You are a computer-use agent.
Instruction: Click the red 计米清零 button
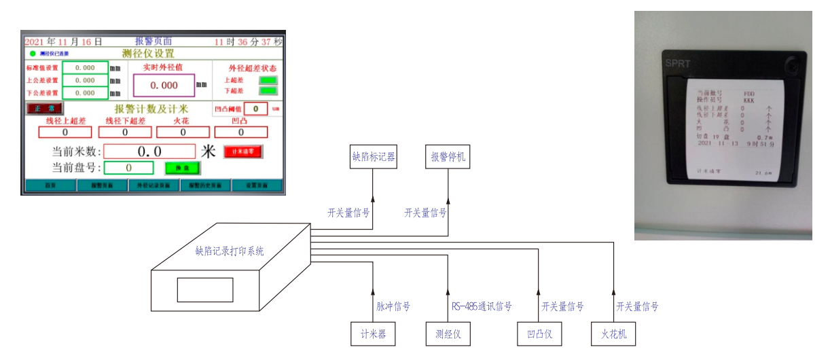click(x=243, y=151)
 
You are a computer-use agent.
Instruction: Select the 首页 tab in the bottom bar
click(x=50, y=185)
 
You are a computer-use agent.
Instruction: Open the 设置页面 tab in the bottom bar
click(x=256, y=185)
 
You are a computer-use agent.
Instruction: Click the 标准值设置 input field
click(x=85, y=68)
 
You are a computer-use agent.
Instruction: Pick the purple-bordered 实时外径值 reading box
click(x=164, y=86)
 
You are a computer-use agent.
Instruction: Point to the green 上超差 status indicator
click(x=268, y=80)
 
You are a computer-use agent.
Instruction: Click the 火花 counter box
click(x=181, y=132)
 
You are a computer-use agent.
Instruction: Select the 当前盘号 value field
click(x=129, y=168)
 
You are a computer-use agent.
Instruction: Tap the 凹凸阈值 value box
click(x=255, y=108)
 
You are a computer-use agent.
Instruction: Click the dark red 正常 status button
click(x=44, y=108)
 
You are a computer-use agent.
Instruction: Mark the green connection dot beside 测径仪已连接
click(x=32, y=53)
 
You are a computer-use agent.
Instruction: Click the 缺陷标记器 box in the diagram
click(x=373, y=158)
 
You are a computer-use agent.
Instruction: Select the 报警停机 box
click(x=448, y=158)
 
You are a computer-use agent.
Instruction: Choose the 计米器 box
click(x=373, y=334)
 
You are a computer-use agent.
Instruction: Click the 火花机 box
click(x=613, y=334)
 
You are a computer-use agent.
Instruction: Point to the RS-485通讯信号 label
click(x=482, y=306)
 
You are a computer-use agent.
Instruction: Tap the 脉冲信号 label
click(x=393, y=306)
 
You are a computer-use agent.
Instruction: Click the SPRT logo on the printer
click(x=678, y=64)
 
